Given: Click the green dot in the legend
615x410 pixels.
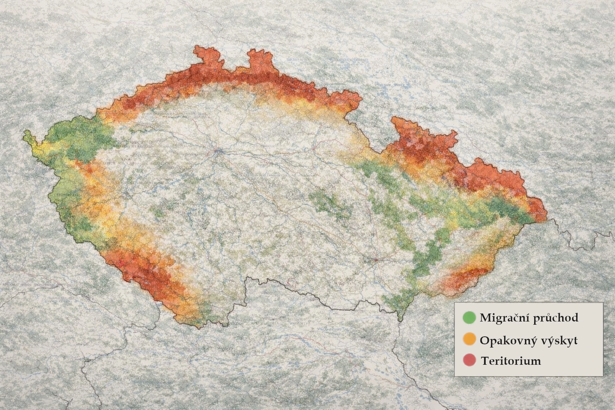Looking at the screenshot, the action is pos(469,318).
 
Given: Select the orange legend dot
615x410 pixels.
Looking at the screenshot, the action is pos(469,340).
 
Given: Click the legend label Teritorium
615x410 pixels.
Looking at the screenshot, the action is pos(511,361).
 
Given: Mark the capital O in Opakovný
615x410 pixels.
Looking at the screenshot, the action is pos(484,340).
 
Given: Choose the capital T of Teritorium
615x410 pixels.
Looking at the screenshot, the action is pos(485,361).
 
